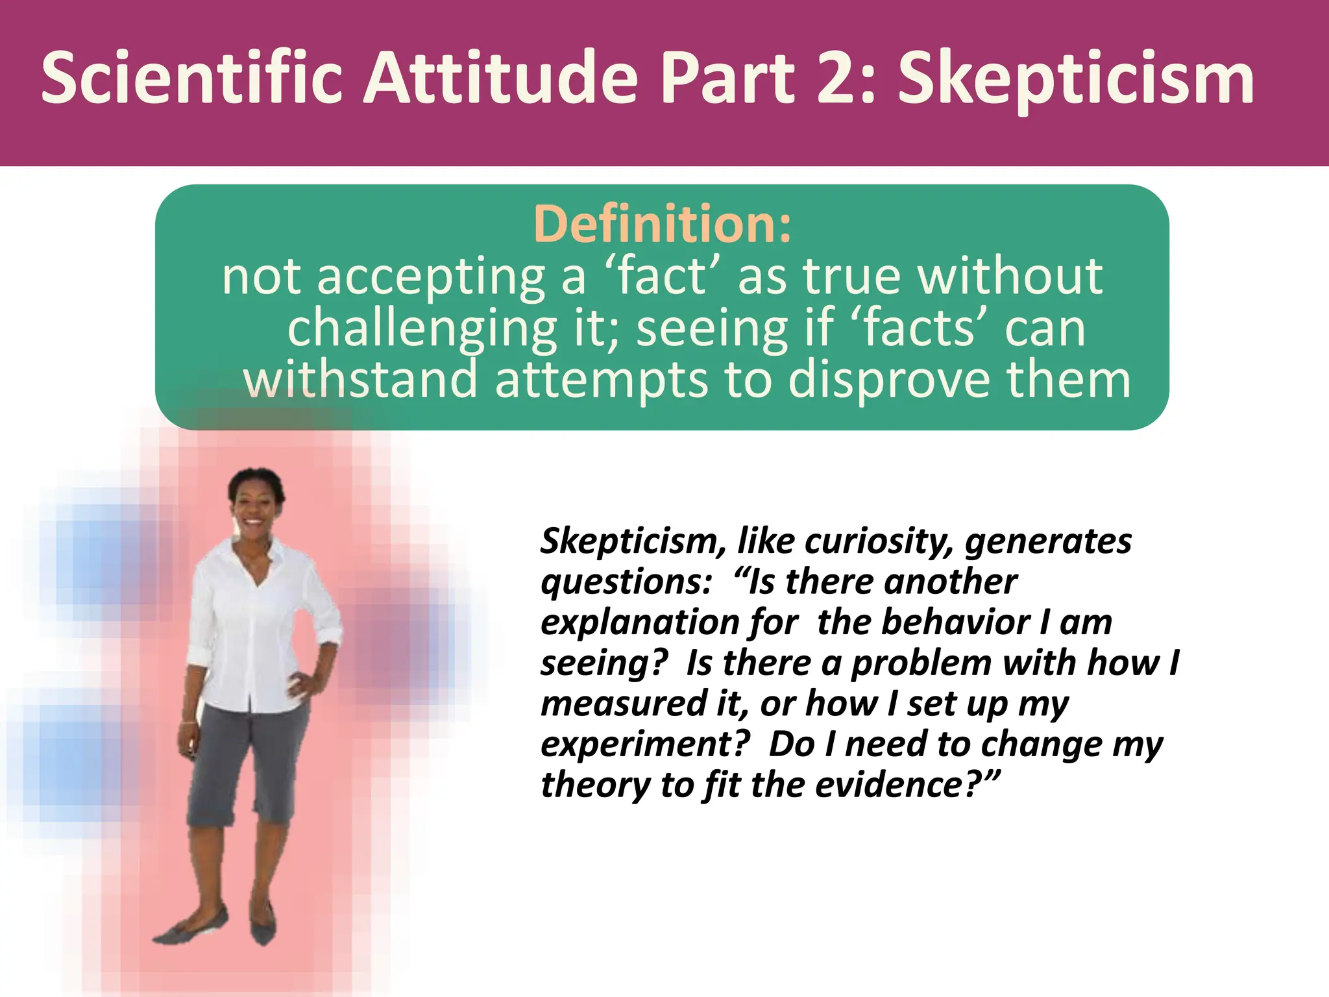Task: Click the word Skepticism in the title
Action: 1076,79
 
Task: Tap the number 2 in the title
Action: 838,79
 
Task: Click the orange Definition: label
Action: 663,224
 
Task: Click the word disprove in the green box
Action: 889,380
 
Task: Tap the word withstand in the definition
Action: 360,380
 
